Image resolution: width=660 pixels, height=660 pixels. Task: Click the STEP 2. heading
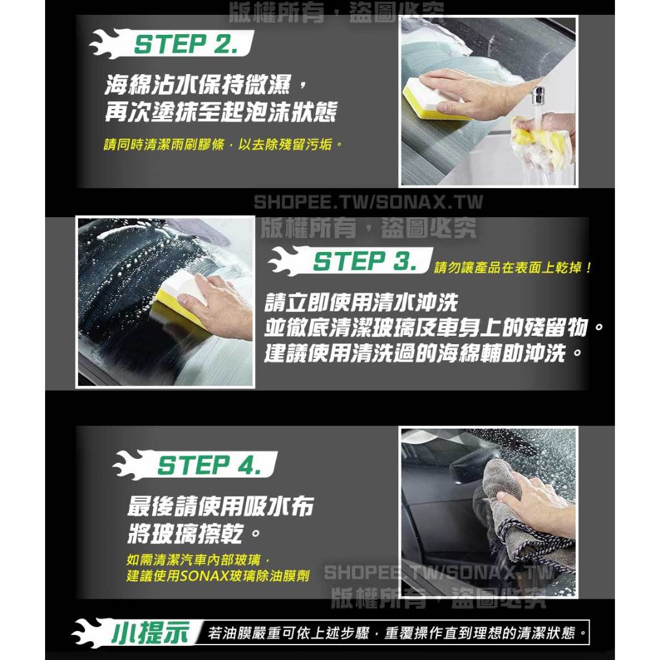point(186,44)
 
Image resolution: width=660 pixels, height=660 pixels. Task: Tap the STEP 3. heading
point(365,261)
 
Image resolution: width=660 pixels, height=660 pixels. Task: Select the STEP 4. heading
point(209,465)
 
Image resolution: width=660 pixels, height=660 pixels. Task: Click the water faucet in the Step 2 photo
point(538,96)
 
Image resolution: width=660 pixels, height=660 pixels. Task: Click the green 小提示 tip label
point(150,633)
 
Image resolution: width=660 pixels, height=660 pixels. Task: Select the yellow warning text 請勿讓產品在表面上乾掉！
point(513,267)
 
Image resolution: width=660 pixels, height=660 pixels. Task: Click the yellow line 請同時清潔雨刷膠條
point(164,145)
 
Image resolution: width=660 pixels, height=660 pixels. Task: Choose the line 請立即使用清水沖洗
point(361,302)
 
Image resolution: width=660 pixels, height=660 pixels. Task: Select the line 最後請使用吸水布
point(220,507)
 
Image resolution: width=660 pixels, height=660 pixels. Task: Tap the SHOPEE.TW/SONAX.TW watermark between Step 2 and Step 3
point(368,202)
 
